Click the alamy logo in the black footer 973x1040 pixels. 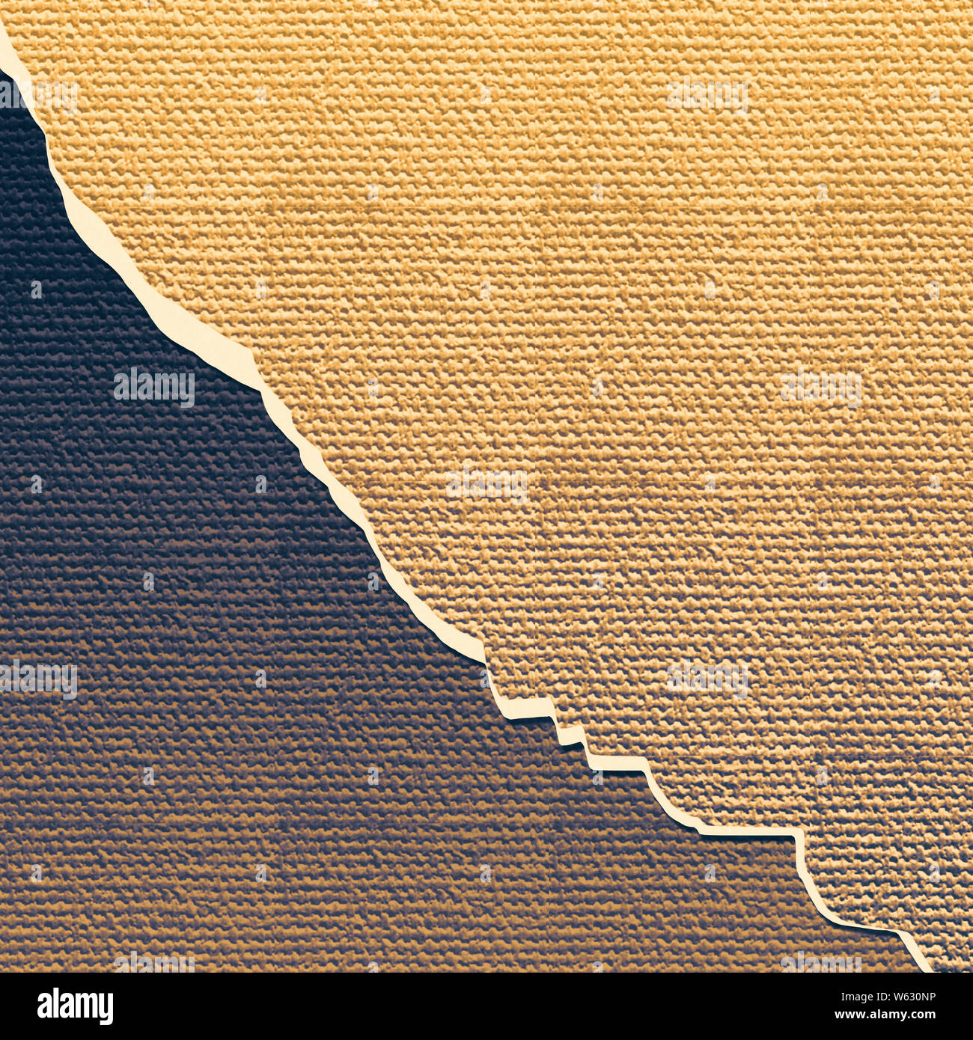pyautogui.click(x=75, y=1006)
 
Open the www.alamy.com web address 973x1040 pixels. pyautogui.click(x=883, y=1015)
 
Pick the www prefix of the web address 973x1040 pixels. pyautogui.click(x=844, y=1015)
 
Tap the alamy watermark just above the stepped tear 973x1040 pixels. pyautogui.click(x=707, y=678)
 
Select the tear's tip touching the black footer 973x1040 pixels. pyautogui.click(x=926, y=968)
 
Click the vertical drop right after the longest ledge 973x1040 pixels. pyautogui.click(x=800, y=853)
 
